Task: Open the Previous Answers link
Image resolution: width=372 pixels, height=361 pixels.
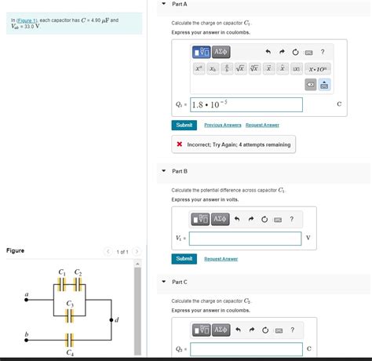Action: click(221, 125)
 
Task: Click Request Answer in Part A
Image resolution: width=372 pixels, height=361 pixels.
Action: click(262, 125)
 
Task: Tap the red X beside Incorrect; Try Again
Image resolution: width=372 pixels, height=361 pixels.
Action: click(181, 144)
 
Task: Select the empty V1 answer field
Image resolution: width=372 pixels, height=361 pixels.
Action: click(246, 238)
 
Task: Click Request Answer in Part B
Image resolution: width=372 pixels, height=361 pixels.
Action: click(221, 258)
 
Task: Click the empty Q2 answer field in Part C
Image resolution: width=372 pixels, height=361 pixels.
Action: click(246, 348)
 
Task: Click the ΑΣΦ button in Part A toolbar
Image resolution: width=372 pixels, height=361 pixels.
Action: click(221, 52)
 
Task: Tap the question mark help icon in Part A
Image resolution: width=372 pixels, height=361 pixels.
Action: click(322, 52)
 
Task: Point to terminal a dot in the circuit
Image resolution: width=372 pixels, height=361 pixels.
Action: click(30, 301)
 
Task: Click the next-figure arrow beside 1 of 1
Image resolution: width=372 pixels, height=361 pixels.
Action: click(137, 251)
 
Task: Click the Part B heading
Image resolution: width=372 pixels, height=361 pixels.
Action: click(179, 171)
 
